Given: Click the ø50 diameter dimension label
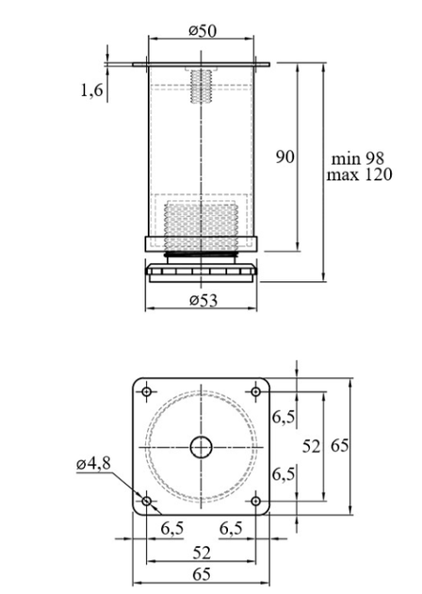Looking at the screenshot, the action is tap(203, 31).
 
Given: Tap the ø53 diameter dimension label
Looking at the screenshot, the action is tap(203, 301).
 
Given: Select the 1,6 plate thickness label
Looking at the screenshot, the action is tap(91, 91).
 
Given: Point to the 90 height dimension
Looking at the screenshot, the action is tap(284, 157).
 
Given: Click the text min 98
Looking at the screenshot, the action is tap(358, 158).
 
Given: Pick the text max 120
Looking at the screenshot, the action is tap(359, 174).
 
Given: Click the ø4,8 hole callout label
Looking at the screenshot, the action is tap(93, 463).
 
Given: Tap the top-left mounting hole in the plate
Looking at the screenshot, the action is tap(147, 391).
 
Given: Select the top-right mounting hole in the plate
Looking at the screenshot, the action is tap(256, 391).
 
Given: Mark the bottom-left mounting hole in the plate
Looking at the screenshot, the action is tap(147, 502).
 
